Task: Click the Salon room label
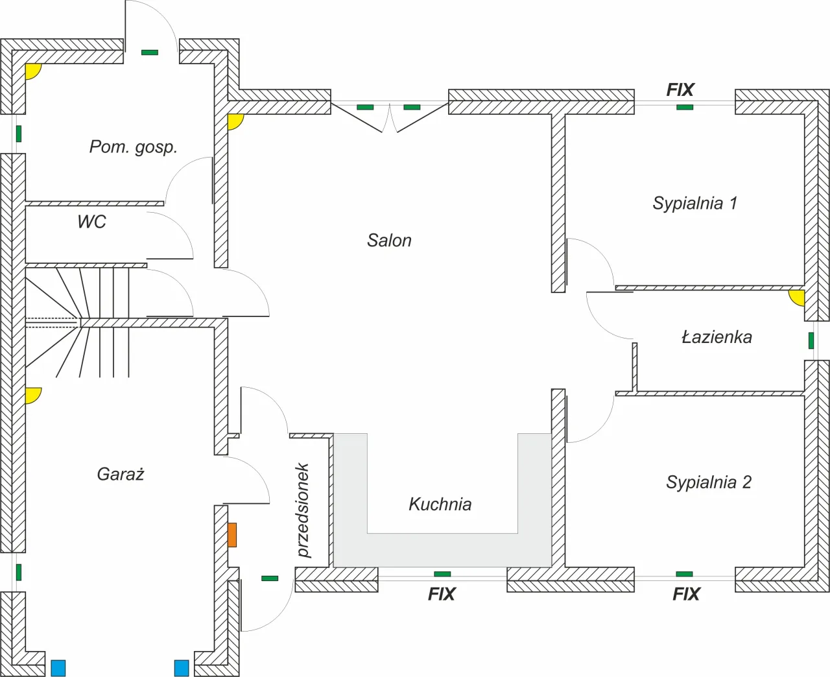[x=389, y=241]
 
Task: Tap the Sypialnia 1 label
[x=694, y=203]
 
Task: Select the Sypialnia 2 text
[x=708, y=482]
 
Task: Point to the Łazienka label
[x=717, y=337]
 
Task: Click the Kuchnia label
[x=440, y=505]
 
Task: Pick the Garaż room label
[x=121, y=474]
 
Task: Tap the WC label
[x=91, y=222]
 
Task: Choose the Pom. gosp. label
[x=133, y=147]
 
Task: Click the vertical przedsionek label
[x=303, y=510]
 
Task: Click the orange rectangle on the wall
[x=232, y=535]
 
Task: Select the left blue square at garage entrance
[x=58, y=668]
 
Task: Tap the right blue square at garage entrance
[x=182, y=668]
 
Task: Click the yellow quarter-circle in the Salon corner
[x=234, y=121]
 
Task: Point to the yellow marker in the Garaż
[x=32, y=394]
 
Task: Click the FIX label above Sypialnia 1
[x=680, y=90]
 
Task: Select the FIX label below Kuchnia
[x=442, y=594]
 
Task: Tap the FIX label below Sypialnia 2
[x=686, y=594]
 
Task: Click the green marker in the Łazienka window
[x=811, y=340]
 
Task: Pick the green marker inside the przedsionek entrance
[x=270, y=578]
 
